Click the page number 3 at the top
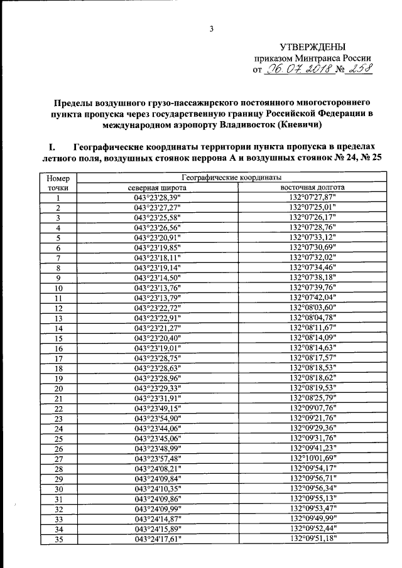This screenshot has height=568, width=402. (x=212, y=28)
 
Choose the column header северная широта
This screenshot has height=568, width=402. (x=157, y=187)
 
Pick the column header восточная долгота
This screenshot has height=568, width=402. (x=313, y=187)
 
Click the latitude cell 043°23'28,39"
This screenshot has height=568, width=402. (x=157, y=198)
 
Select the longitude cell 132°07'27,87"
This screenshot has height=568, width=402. (x=313, y=198)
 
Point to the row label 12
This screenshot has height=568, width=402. (x=58, y=308)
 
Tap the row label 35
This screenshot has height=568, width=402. (x=58, y=539)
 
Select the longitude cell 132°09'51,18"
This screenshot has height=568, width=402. (x=313, y=539)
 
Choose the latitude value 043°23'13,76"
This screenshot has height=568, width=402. (x=157, y=288)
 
